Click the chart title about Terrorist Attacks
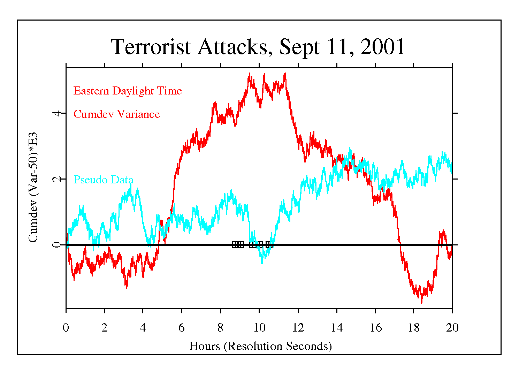(258, 47)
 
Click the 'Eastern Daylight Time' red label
(128, 91)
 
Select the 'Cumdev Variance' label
(117, 114)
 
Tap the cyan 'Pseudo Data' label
(104, 180)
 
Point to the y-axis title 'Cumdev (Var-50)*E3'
(33, 187)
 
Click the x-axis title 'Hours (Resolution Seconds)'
(260, 346)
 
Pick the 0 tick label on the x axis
(66, 328)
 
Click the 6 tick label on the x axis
(182, 328)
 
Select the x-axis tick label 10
(259, 328)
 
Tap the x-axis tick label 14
(336, 328)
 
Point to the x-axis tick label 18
(414, 328)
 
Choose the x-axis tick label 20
(452, 328)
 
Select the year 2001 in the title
(382, 47)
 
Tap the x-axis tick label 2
(105, 328)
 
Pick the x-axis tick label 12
(298, 328)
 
